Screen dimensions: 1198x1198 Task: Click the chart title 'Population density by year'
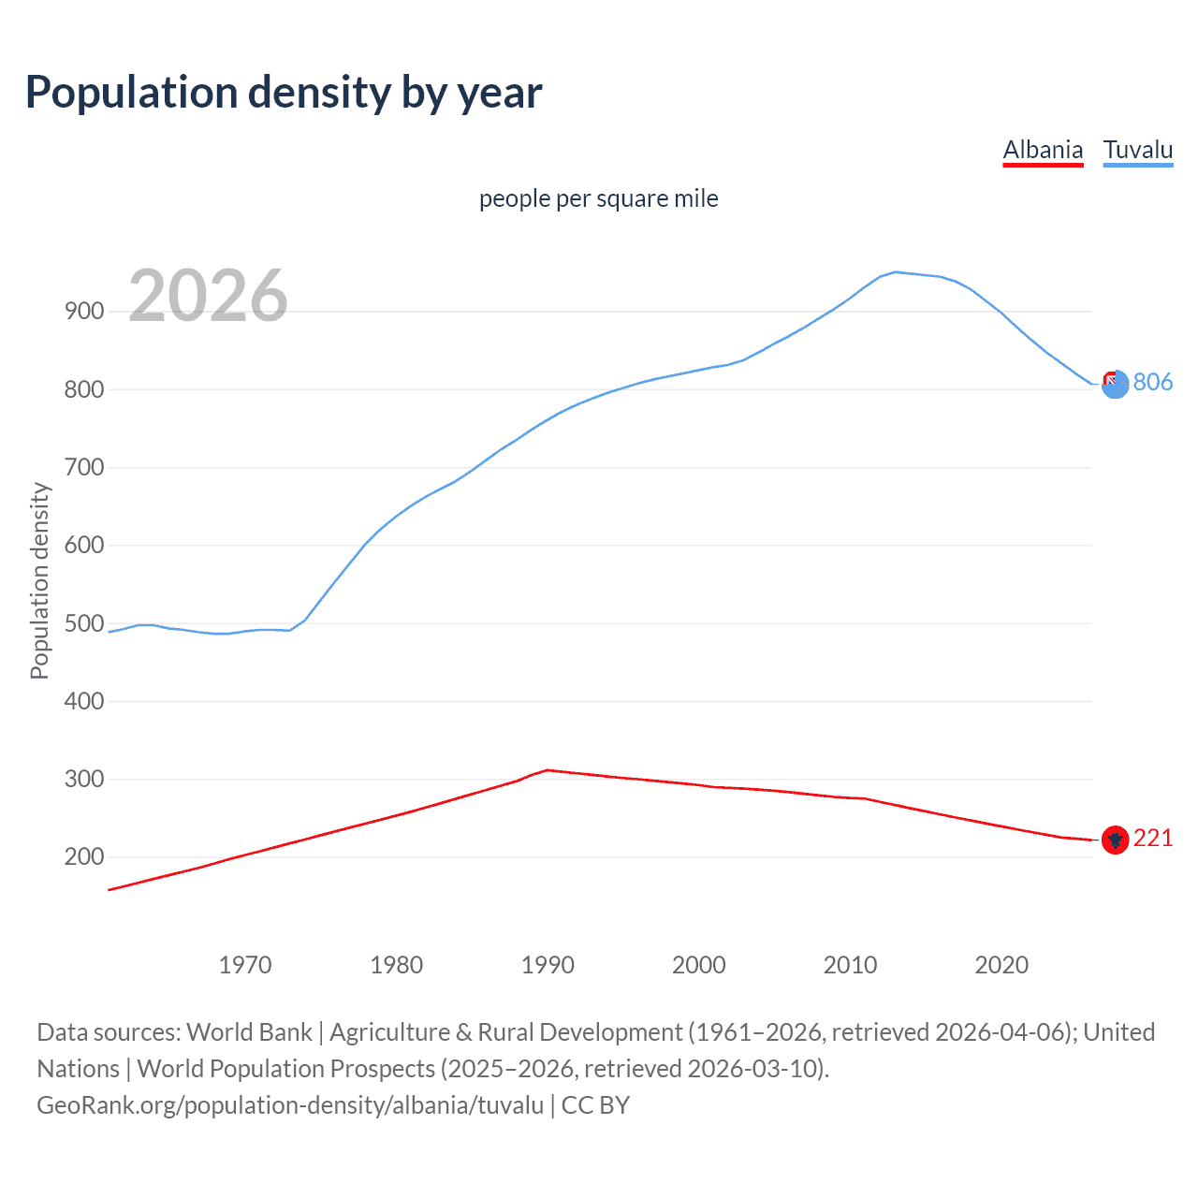click(284, 93)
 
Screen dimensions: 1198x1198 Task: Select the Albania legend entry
click(1043, 150)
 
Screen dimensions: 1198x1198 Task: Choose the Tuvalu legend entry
click(1137, 150)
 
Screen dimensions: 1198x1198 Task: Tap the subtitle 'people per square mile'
click(598, 199)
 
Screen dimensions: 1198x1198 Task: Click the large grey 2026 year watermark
click(208, 296)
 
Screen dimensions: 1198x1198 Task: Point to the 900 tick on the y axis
click(84, 312)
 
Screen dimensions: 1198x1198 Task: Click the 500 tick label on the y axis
click(84, 623)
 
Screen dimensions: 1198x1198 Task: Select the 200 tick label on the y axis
click(84, 857)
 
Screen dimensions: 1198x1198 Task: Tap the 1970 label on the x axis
click(245, 965)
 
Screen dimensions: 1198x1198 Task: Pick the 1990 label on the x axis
click(548, 965)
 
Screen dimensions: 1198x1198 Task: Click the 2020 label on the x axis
click(1001, 965)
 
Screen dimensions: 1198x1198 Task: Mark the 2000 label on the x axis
click(699, 965)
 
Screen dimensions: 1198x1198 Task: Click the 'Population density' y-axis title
click(39, 580)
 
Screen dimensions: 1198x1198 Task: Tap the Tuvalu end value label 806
click(1153, 382)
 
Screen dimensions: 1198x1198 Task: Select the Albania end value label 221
click(1153, 839)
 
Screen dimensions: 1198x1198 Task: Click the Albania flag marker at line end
click(1115, 840)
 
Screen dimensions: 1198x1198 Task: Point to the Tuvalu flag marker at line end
click(1115, 384)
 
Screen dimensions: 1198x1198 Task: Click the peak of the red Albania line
click(548, 770)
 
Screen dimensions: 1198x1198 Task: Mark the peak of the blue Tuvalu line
click(896, 272)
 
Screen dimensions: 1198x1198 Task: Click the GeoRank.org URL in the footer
click(290, 1105)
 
